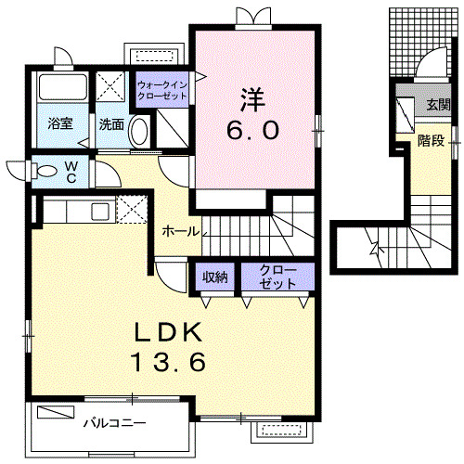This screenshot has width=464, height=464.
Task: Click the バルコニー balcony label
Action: pyautogui.click(x=115, y=422)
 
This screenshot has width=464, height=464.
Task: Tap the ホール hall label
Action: pyautogui.click(x=178, y=230)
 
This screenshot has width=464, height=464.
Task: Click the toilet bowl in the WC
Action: pyautogui.click(x=43, y=170)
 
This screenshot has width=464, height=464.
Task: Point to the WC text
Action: pyautogui.click(x=71, y=174)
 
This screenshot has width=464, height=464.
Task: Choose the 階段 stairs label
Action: pyautogui.click(x=430, y=140)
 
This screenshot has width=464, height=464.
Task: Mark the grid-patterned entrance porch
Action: pyautogui.click(x=422, y=37)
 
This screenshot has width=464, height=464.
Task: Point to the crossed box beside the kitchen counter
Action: pyautogui.click(x=131, y=209)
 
